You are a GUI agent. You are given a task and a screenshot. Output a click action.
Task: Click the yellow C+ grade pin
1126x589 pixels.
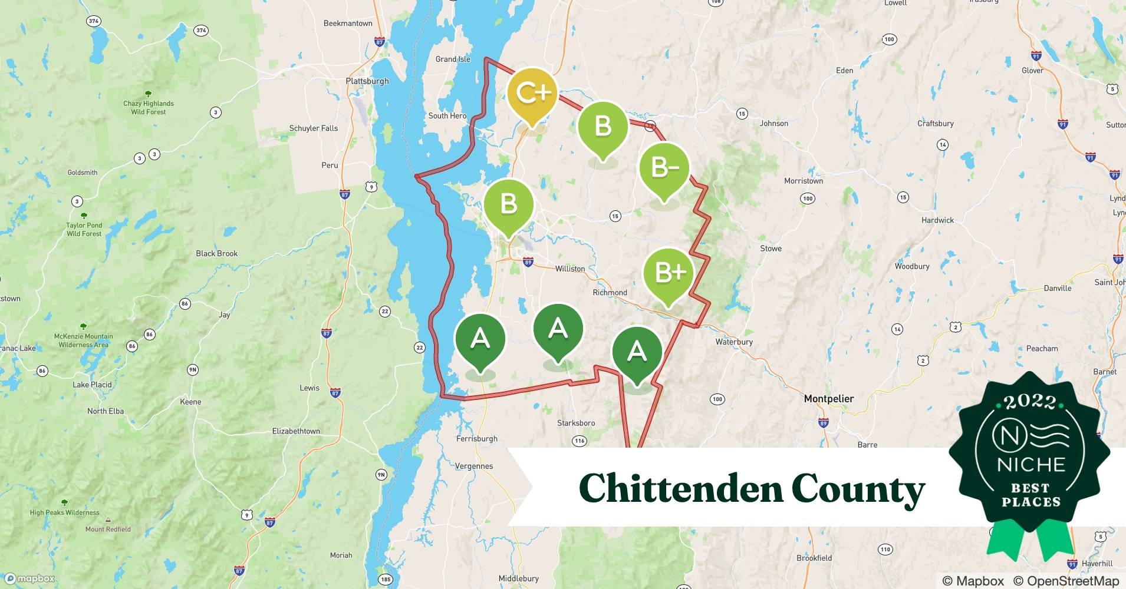(x=532, y=93)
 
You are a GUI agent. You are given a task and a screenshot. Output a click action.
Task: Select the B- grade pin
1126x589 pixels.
(x=664, y=168)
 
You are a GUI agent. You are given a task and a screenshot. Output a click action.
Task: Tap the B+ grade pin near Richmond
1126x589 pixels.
(x=669, y=273)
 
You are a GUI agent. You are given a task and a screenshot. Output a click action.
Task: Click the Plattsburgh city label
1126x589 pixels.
(x=367, y=81)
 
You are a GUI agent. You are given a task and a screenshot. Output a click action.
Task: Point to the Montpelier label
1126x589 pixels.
(x=828, y=399)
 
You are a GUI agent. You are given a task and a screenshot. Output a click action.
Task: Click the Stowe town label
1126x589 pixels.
(x=771, y=249)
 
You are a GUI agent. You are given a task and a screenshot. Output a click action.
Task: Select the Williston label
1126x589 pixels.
(x=569, y=269)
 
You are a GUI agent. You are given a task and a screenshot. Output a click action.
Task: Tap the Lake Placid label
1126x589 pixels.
(x=92, y=385)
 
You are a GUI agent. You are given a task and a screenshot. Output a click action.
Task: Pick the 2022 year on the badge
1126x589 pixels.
(x=1030, y=402)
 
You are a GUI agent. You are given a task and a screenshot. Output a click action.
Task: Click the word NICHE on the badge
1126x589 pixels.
(x=1030, y=465)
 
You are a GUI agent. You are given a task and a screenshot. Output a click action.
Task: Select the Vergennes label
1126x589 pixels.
(x=473, y=466)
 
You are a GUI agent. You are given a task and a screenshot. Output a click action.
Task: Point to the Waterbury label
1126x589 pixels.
(x=733, y=342)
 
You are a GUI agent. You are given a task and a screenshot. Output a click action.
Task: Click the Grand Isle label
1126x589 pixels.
(x=452, y=59)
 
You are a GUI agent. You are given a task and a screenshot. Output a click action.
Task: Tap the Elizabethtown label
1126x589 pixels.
(x=296, y=431)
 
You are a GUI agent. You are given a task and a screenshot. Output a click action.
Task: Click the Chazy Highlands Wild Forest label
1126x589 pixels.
(x=149, y=107)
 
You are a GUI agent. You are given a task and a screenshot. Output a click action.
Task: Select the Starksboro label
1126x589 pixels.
(x=575, y=423)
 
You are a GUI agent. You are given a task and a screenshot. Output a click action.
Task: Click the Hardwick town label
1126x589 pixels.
(x=937, y=220)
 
